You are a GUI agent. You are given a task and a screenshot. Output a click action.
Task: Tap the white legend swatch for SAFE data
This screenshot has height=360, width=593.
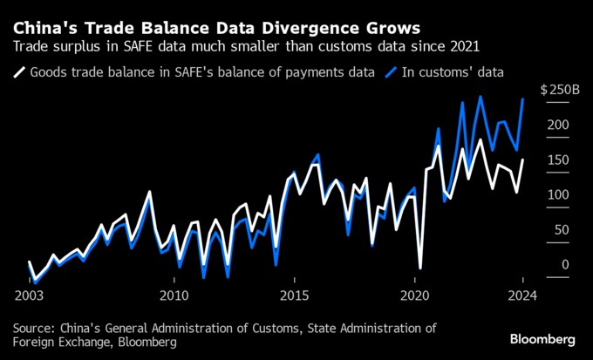(x=18, y=72)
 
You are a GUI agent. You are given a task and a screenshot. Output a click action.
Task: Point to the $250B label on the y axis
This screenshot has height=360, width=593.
(x=558, y=91)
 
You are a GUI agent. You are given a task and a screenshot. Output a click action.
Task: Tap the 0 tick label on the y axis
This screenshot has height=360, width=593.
(x=565, y=265)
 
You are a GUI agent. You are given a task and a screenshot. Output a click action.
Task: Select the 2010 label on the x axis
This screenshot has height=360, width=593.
(x=174, y=295)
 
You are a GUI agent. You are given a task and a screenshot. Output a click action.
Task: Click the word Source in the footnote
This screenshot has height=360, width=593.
(x=36, y=328)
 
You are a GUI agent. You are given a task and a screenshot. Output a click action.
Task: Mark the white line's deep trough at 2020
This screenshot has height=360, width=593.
(x=420, y=268)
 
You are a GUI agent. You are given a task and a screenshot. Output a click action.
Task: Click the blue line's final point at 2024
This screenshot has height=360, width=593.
(x=522, y=99)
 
